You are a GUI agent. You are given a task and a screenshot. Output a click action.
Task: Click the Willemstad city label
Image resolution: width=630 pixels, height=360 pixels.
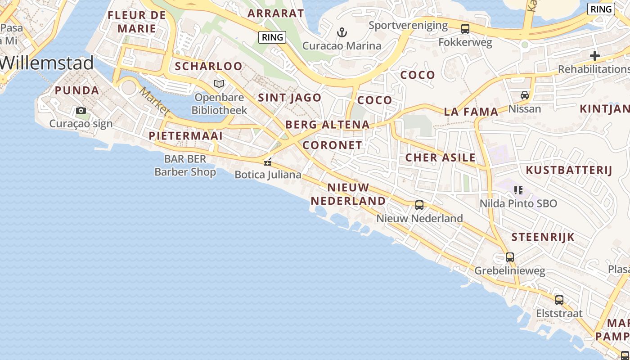point(47,63)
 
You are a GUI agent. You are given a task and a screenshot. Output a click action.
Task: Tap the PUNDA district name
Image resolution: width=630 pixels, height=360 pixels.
point(77,90)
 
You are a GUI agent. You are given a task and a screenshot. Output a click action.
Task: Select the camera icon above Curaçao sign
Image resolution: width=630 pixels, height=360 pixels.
point(81,110)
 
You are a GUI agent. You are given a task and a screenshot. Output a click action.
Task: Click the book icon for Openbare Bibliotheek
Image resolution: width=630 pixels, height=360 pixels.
point(219,84)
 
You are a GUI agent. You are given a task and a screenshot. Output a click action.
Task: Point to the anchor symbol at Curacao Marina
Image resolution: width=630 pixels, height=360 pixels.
point(342,32)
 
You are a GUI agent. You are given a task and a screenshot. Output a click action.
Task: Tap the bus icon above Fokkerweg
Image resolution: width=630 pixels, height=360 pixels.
point(465,29)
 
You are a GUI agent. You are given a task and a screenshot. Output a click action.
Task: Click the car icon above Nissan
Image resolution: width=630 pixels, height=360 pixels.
point(525,95)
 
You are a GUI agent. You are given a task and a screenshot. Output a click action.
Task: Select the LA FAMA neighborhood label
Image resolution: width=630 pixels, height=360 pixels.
point(471,112)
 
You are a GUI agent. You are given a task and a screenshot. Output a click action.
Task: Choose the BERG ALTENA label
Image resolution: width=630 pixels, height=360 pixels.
point(327,125)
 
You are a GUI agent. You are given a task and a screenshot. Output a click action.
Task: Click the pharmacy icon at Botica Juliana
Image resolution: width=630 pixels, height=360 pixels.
point(268,162)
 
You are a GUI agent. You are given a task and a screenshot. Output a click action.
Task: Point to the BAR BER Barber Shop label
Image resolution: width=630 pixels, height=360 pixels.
point(185,165)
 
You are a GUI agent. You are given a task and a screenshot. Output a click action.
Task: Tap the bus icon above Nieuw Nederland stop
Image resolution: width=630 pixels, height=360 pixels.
point(419,205)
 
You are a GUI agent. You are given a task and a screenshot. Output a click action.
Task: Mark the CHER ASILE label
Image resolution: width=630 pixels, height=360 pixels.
point(440,157)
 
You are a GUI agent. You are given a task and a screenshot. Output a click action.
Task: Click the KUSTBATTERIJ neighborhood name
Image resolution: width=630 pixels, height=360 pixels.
point(569,170)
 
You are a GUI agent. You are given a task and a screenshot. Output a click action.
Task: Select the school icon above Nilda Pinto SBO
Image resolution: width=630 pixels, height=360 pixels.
point(518,190)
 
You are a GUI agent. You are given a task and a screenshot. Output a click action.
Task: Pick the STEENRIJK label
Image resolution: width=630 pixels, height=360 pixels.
point(543,237)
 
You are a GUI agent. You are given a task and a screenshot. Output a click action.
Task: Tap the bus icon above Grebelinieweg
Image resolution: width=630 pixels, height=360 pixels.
point(510,257)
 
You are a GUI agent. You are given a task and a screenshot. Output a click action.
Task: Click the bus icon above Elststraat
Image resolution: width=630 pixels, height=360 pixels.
point(559,300)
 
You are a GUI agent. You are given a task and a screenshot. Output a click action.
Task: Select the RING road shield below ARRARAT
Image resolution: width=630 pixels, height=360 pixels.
point(272,37)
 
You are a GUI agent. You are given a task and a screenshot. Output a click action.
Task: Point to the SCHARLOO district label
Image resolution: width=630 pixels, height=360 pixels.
point(208,67)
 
